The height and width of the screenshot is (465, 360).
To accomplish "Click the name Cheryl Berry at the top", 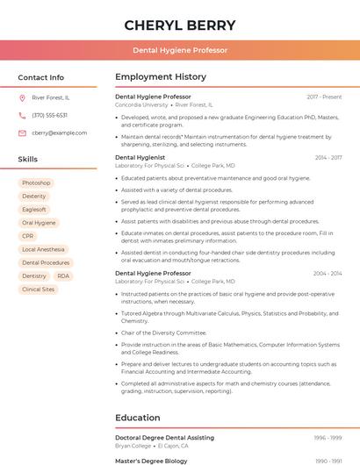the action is click(x=180, y=25).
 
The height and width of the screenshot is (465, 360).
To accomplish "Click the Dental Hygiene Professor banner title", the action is click(x=180, y=50).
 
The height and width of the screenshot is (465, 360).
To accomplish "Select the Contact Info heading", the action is click(x=41, y=77).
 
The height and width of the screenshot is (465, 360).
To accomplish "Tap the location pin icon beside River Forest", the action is click(x=22, y=97).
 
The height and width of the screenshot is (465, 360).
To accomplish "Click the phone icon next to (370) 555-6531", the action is click(x=22, y=115).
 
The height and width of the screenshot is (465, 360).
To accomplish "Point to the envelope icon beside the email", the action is click(x=22, y=133).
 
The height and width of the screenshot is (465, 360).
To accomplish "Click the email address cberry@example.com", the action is click(x=60, y=133).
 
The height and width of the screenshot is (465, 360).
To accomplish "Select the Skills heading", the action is click(x=28, y=159).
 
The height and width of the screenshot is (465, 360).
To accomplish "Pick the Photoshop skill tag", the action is click(x=36, y=183).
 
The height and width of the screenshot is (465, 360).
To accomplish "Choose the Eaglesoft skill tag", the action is click(x=34, y=210).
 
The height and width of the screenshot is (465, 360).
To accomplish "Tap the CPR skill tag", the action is click(x=28, y=236).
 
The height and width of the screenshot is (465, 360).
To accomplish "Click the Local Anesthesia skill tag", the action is click(x=43, y=249).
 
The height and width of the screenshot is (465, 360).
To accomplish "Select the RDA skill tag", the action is click(x=63, y=275).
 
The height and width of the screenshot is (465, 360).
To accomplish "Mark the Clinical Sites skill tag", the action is click(x=38, y=289).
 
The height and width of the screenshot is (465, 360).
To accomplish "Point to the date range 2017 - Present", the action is click(x=324, y=97).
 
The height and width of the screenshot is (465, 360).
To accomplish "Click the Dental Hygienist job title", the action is click(x=140, y=157).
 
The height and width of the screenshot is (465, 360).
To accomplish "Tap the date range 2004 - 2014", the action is click(x=328, y=273).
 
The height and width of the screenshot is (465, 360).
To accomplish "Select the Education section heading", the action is click(x=138, y=418).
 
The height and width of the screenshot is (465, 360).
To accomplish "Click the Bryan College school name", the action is click(x=133, y=445).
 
